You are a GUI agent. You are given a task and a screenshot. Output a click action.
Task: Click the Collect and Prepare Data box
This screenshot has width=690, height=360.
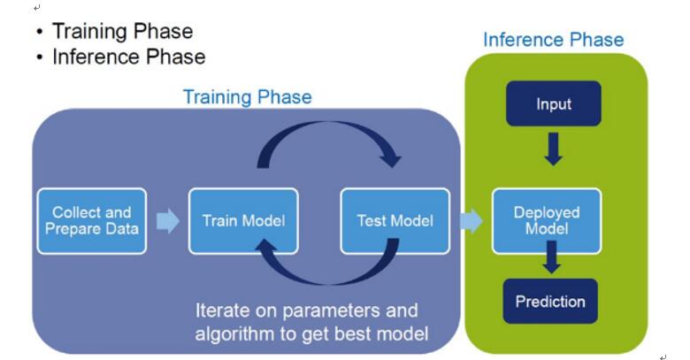(92, 221)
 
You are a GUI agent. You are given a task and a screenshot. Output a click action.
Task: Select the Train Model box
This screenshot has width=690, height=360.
(243, 221)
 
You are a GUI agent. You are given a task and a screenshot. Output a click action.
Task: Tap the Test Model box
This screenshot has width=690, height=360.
(395, 221)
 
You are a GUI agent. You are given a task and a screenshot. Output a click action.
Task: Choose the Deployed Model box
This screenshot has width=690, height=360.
(547, 221)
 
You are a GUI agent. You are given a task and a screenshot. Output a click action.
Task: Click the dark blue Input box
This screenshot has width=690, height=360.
(554, 103)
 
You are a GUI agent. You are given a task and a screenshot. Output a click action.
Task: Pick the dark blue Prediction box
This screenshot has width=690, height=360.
(550, 302)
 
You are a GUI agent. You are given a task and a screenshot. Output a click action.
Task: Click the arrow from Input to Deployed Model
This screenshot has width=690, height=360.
(554, 149)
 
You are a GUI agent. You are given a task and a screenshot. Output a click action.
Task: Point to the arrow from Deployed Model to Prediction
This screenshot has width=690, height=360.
(551, 257)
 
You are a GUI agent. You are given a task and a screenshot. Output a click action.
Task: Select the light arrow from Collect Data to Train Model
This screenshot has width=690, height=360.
(168, 220)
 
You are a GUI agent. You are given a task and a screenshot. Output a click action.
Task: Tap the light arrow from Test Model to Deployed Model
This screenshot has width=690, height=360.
(471, 220)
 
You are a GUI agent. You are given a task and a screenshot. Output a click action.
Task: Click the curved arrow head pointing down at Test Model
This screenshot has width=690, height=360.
(390, 159)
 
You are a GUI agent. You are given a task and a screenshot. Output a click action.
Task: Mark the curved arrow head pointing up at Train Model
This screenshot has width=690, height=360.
(266, 247)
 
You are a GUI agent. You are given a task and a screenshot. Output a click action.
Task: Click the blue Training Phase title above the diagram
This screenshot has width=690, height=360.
(248, 96)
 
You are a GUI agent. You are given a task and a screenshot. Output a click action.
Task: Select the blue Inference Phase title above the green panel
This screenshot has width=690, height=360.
(554, 40)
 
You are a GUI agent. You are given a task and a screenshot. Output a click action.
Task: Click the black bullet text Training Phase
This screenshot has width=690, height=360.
(122, 31)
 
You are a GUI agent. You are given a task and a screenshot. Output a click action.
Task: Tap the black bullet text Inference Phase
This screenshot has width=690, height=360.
(129, 57)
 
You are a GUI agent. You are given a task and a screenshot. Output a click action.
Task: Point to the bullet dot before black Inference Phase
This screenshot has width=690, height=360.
(40, 57)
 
